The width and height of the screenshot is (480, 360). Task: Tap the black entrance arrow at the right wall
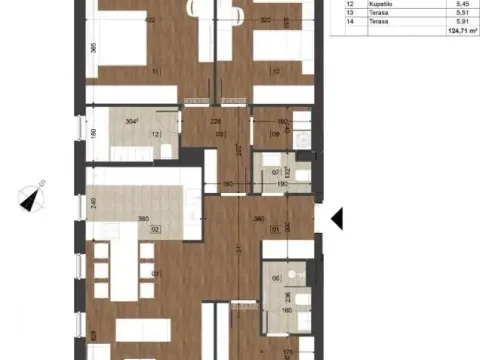(x=336, y=215)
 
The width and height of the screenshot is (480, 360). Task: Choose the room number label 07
(x=276, y=172)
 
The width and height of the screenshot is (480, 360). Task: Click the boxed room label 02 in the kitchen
(x=155, y=229)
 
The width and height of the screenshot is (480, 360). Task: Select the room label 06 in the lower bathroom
(x=276, y=279)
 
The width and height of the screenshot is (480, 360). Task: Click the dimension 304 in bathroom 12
(x=131, y=121)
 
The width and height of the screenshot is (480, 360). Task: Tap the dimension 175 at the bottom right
(x=287, y=352)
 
